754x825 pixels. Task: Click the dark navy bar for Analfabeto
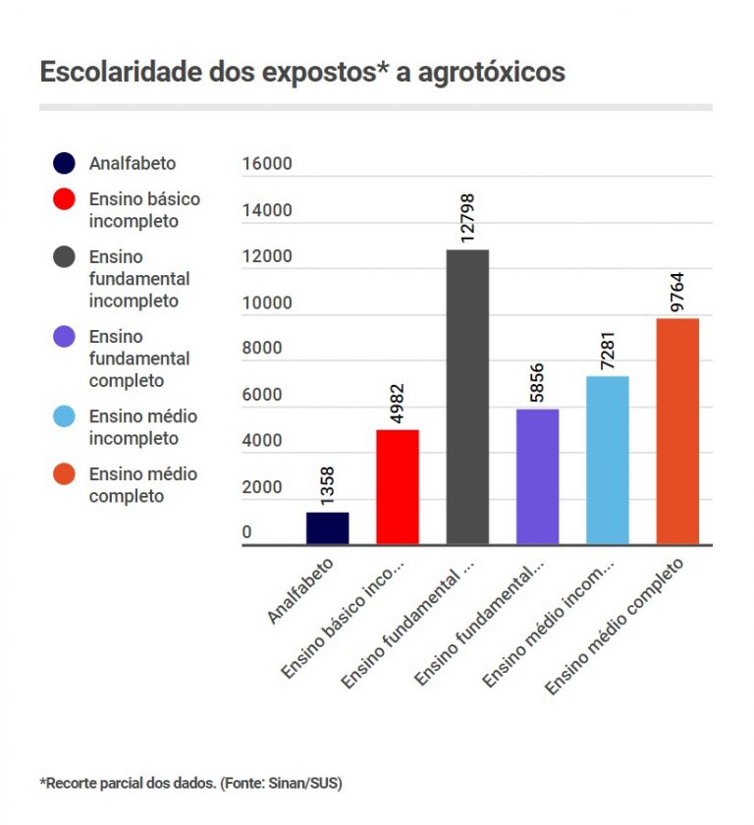(x=327, y=527)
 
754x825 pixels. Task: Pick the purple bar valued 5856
(x=537, y=476)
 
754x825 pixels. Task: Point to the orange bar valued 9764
(x=677, y=431)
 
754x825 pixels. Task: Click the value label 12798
(x=467, y=217)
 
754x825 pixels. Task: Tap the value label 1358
(x=327, y=480)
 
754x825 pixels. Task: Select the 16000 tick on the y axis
(x=267, y=164)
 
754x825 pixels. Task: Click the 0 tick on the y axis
(x=247, y=533)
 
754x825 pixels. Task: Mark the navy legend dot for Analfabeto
(x=65, y=164)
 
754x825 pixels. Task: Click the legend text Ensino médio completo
(x=142, y=485)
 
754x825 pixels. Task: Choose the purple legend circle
(x=65, y=337)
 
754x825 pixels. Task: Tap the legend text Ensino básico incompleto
(x=144, y=210)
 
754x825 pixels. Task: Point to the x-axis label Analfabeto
(x=301, y=591)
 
